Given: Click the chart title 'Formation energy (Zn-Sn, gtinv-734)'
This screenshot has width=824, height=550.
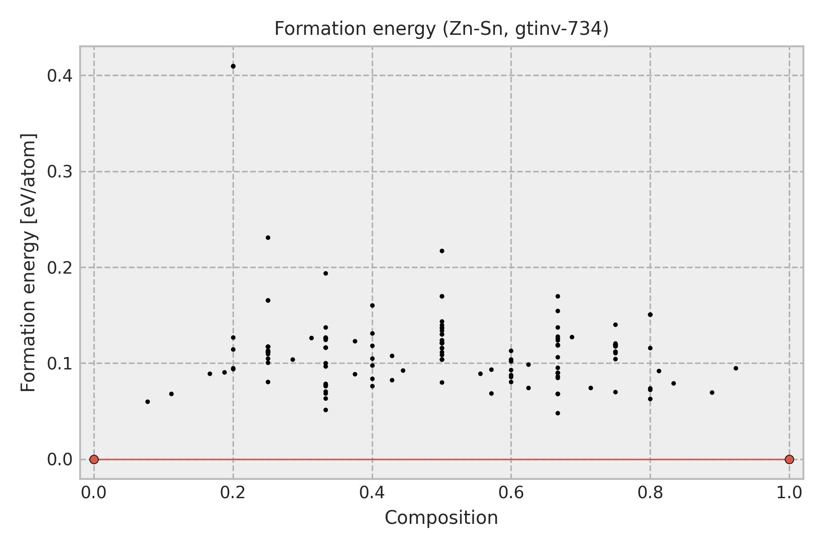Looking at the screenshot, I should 441,29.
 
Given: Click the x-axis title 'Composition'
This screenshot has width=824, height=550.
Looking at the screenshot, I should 441,518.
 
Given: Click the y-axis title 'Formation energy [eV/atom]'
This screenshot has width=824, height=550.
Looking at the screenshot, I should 29,263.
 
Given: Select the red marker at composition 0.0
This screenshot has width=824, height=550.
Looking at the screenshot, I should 94,459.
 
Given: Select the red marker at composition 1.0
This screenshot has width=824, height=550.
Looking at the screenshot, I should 789,459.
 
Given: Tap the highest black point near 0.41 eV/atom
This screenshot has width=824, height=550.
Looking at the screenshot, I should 233,66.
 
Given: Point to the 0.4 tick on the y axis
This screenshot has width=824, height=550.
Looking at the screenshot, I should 60,76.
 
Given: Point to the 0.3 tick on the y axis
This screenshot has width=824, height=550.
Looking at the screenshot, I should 60,172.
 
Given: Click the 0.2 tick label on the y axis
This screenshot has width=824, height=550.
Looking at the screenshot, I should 60,268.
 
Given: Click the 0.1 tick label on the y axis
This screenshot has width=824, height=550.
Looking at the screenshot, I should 60,363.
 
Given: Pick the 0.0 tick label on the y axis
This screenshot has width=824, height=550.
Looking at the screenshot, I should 60,459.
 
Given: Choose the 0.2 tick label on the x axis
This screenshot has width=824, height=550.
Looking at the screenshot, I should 233,493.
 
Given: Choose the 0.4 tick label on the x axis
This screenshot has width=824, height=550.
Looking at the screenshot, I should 372,493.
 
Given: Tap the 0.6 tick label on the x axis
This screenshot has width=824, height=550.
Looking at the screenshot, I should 511,493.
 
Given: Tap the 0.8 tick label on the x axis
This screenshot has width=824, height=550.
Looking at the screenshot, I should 650,493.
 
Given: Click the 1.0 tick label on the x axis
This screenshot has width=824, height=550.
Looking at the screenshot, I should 789,493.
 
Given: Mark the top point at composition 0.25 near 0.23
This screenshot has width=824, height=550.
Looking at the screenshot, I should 268,237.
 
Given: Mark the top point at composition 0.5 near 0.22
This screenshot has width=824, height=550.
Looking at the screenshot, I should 442,251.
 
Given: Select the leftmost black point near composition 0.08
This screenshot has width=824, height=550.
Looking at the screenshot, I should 147,401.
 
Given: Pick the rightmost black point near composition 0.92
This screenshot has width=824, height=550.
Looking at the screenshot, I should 736,368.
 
